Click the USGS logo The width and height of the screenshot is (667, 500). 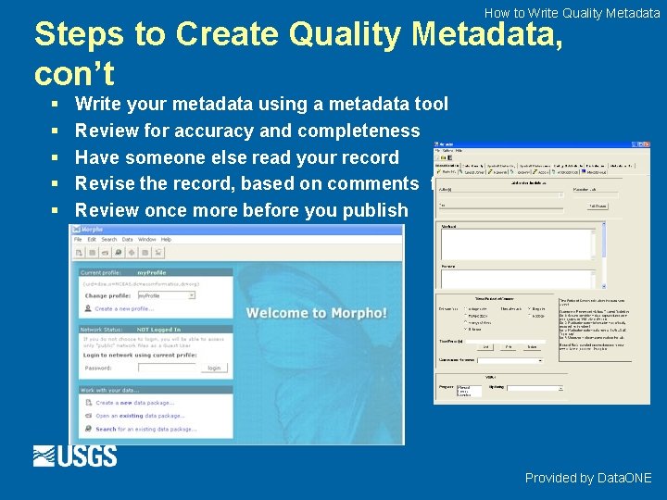coord(75,456)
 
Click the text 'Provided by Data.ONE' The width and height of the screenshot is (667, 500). coord(588,478)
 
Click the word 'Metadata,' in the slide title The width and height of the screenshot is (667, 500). coord(486,35)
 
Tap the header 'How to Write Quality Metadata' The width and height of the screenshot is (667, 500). coord(572,13)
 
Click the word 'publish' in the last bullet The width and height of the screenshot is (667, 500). coord(376,210)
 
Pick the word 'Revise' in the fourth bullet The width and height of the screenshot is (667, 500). coord(105,183)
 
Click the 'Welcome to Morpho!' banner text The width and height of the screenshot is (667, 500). coord(317,313)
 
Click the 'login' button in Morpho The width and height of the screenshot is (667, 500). coord(214,368)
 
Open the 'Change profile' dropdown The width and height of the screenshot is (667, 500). coord(166,295)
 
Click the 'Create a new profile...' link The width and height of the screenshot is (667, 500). coord(124,308)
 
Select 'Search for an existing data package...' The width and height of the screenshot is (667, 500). coord(145,430)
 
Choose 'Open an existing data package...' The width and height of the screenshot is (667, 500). coord(140,416)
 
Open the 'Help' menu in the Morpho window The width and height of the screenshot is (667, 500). coord(166,239)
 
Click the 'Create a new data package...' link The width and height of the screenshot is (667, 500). coord(134,403)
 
